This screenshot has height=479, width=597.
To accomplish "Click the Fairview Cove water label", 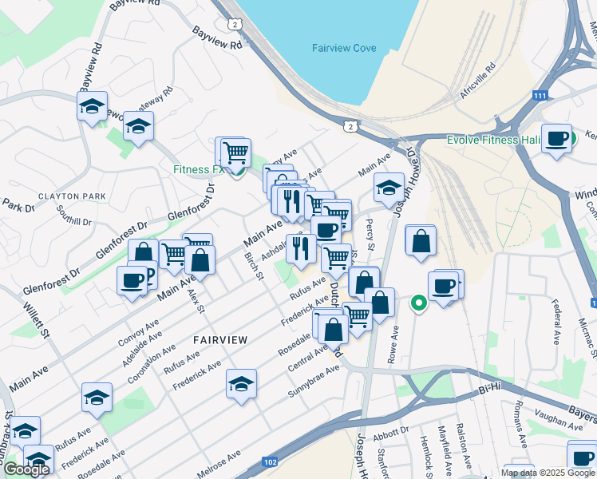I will click(343, 48).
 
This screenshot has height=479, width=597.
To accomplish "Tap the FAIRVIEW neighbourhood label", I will click(220, 339).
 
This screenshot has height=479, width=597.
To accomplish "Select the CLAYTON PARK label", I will click(72, 196).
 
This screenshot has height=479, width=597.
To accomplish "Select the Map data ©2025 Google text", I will click(548, 473).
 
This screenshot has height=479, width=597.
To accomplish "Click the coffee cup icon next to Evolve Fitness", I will click(556, 137).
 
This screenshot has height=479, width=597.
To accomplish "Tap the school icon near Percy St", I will click(389, 188).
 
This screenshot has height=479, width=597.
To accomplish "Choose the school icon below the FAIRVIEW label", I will click(241, 384).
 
